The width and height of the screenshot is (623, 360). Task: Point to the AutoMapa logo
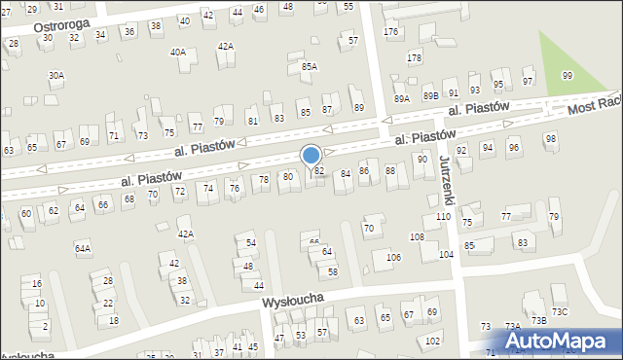click(x=563, y=341)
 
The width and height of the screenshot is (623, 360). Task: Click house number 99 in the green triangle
click(x=567, y=75)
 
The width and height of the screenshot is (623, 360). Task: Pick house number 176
click(x=390, y=33)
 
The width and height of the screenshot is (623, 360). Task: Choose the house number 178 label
click(x=415, y=58)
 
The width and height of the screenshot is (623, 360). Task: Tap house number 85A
click(x=309, y=66)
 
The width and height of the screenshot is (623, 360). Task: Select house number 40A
click(x=177, y=53)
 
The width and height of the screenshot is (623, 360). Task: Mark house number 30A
click(x=56, y=75)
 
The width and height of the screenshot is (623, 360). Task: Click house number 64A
click(x=83, y=249)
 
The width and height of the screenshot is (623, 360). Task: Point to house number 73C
click(x=559, y=311)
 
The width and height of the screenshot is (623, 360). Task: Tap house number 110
click(x=443, y=216)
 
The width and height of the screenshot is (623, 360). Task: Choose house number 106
click(x=393, y=257)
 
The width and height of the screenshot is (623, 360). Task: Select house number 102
click(x=432, y=342)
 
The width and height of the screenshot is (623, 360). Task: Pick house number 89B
click(x=430, y=96)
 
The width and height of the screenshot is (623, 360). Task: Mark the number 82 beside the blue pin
click(x=318, y=171)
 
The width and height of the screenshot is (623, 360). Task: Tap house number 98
click(x=550, y=139)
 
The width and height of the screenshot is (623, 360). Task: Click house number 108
click(x=417, y=237)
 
